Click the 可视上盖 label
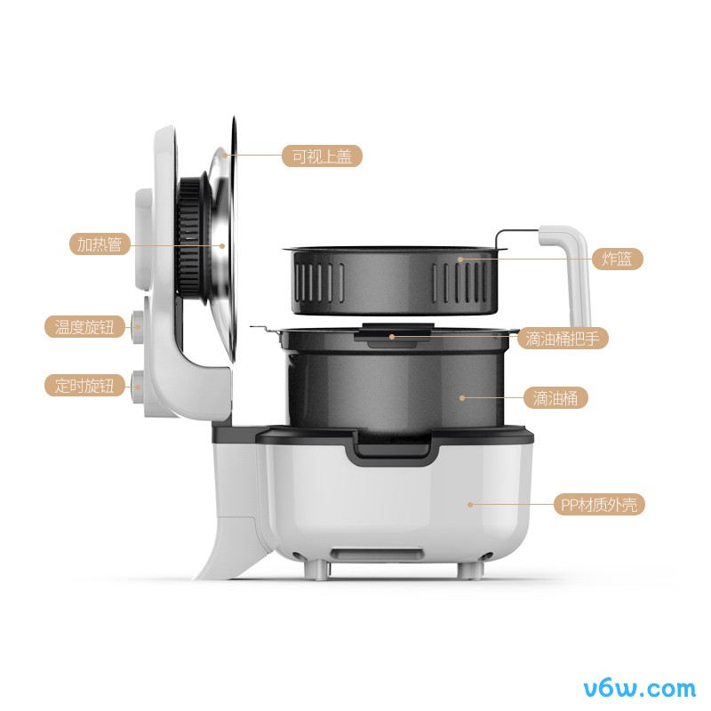[x=322, y=156]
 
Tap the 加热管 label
[x=100, y=244]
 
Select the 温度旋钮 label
[x=84, y=326]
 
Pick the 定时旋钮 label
[x=84, y=386]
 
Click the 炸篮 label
[x=617, y=259]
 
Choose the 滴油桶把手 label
[x=563, y=339]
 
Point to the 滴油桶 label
[x=555, y=398]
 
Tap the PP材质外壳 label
[x=599, y=504]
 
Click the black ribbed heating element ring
[x=189, y=236]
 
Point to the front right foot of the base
[x=468, y=570]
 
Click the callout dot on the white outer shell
[x=470, y=504]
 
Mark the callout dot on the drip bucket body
[x=462, y=398]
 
